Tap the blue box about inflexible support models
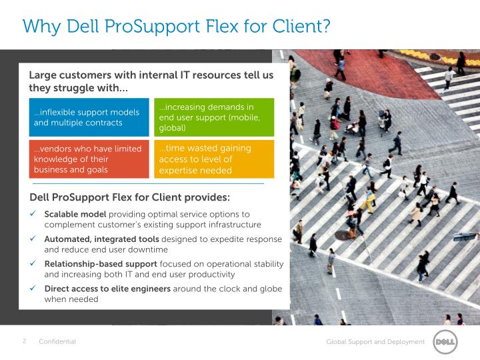tap(89, 117)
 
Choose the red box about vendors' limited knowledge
tap(89, 159)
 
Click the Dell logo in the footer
tap(445, 342)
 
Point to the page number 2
tap(25, 341)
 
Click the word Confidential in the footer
tap(57, 342)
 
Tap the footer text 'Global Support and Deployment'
tap(375, 342)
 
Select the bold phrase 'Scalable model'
tap(75, 215)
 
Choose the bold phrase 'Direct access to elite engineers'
tap(107, 289)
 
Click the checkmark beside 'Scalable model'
tap(33, 215)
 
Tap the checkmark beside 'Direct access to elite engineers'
tap(33, 289)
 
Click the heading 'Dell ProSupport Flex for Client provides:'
tap(130, 197)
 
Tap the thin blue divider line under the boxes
tap(147, 183)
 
